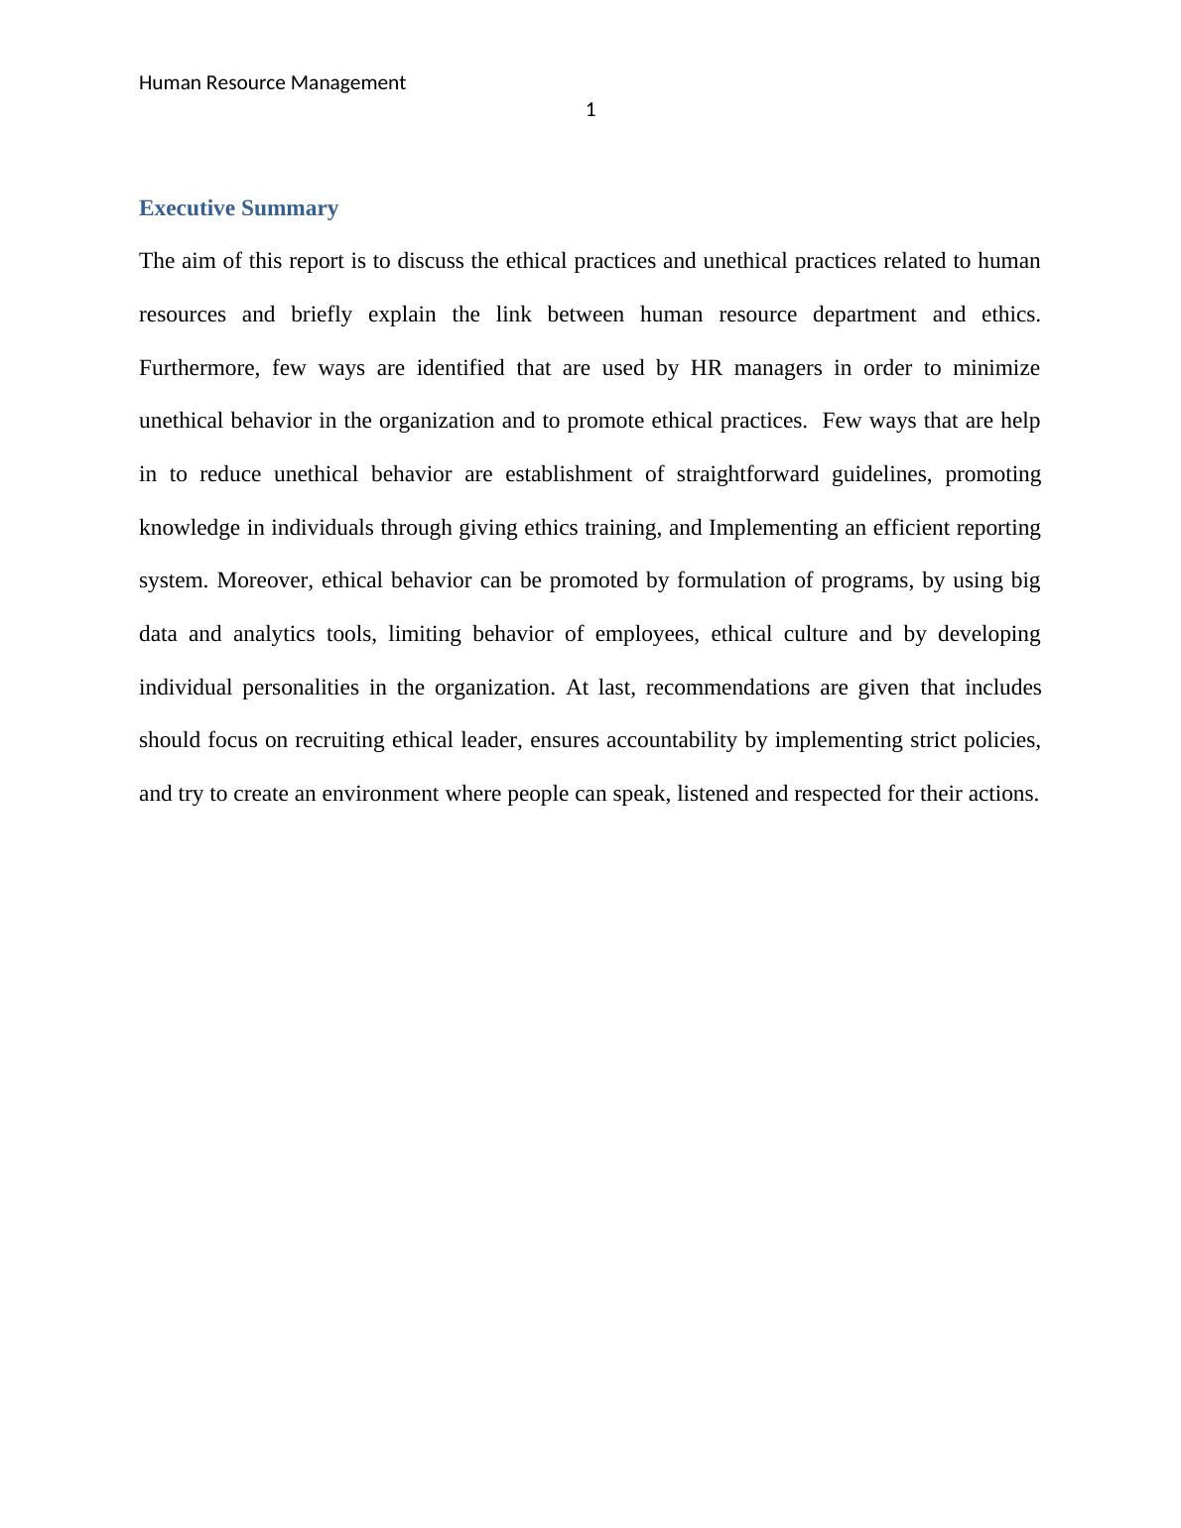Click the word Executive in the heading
click(187, 208)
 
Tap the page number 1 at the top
click(590, 110)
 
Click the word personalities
click(300, 688)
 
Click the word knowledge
click(189, 528)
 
